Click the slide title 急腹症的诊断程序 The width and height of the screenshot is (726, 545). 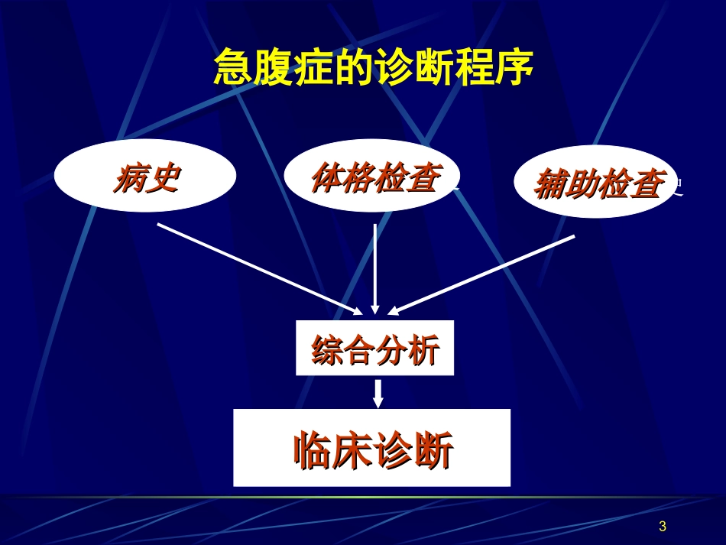click(x=372, y=69)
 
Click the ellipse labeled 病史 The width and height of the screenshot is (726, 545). click(x=145, y=177)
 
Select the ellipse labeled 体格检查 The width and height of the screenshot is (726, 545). click(x=372, y=177)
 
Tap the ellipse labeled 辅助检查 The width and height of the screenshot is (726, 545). click(x=595, y=182)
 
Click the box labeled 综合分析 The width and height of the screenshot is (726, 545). click(x=374, y=349)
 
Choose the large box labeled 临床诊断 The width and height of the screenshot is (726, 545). click(x=371, y=448)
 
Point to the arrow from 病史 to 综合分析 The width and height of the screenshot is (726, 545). click(x=260, y=268)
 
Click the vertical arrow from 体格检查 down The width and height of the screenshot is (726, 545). click(x=374, y=268)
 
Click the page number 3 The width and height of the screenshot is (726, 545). click(x=662, y=526)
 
